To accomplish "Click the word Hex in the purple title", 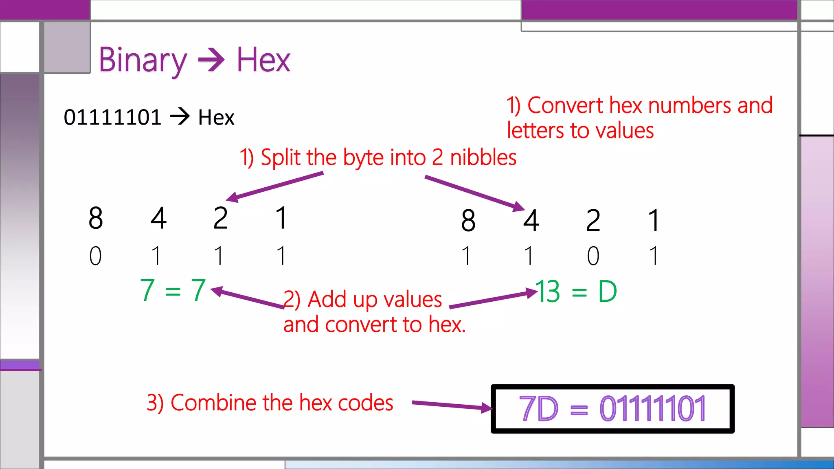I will pos(263,60).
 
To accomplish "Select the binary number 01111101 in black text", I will pos(112,118).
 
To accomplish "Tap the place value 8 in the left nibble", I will pos(96,218).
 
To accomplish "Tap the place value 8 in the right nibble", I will pos(468,221).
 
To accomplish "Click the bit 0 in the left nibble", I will pos(95,256).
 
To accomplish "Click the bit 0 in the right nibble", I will pos(593,256).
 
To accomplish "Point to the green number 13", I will pos(548,291).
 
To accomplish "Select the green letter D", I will pos(607,291).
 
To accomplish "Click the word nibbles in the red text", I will pos(483,158).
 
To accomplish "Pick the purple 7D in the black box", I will pos(538,409).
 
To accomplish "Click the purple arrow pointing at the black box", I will pos(452,405).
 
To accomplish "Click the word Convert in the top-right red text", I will pos(565,105).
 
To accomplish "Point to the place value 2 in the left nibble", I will pos(220,218).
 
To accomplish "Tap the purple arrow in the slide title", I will pos(211,60).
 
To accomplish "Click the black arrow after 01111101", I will pos(180,117).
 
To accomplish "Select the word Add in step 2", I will pos(327,299).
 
